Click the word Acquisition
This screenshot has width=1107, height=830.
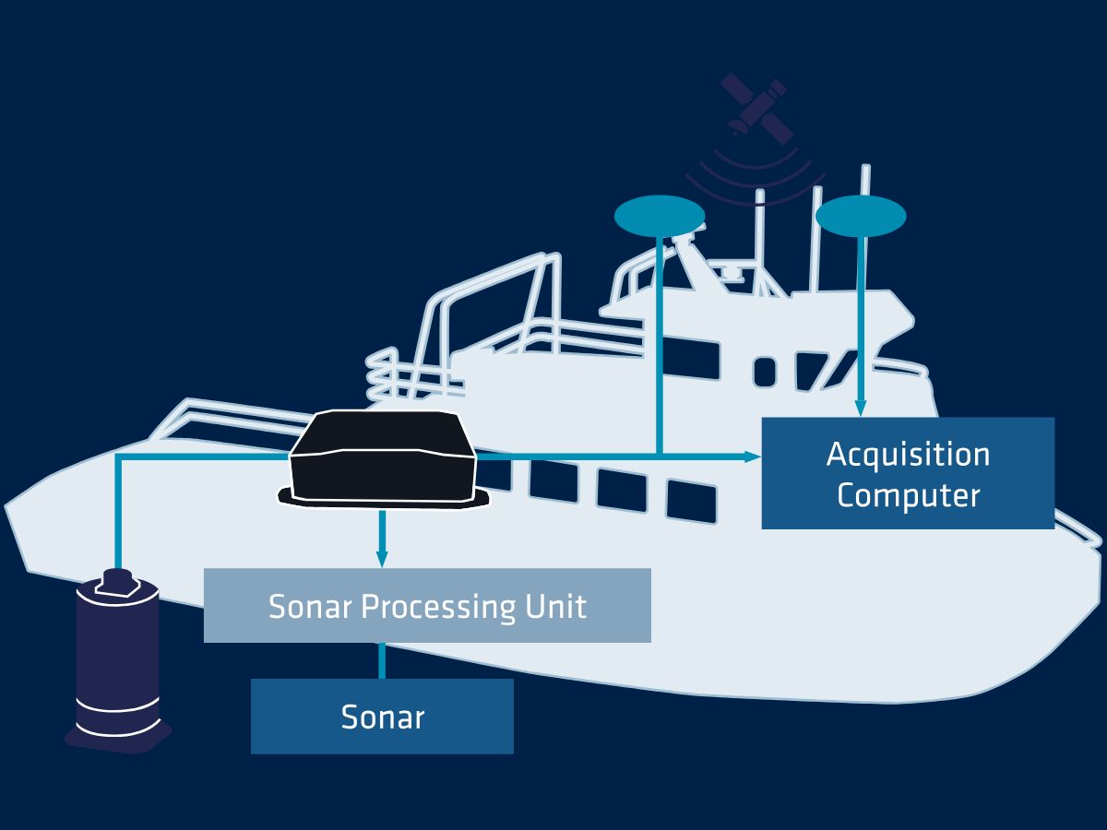pos(908,455)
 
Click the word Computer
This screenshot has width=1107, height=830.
pos(908,495)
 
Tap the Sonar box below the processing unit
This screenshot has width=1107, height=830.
pos(382,717)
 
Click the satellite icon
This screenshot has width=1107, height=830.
pos(757,108)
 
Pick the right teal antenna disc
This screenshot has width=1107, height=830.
pos(861,216)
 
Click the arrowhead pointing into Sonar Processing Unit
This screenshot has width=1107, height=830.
pos(382,559)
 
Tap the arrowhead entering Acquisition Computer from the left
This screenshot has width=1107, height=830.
pos(753,456)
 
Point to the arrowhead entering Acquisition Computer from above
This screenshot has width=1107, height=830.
pos(861,408)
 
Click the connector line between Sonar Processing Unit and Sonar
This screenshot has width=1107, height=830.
pos(381,660)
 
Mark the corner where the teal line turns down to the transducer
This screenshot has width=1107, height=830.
pos(118,456)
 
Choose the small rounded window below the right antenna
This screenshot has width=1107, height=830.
pos(764,372)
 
